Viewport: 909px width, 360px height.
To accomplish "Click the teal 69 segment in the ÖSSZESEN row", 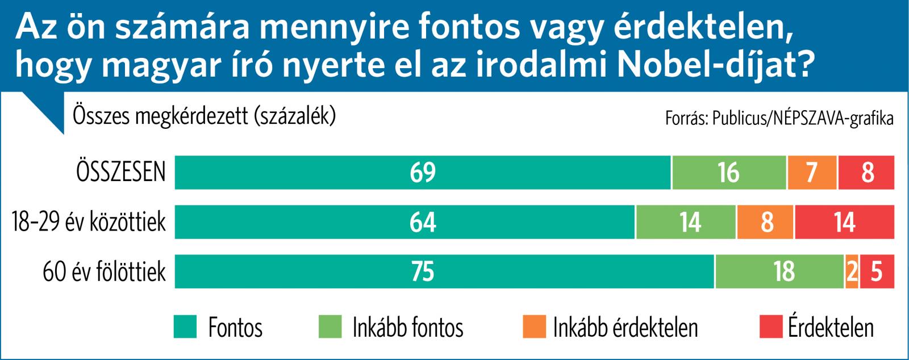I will (x=423, y=172).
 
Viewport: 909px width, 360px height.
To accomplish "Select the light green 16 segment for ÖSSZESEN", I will (x=729, y=172).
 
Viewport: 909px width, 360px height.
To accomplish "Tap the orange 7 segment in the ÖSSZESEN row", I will (x=812, y=172).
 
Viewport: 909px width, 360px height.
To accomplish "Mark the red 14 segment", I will (x=844, y=222).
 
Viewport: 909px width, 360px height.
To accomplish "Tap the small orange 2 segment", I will (x=852, y=271).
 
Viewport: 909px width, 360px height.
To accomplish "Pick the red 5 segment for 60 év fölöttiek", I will (x=877, y=271).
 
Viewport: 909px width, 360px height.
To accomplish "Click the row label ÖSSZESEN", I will (x=121, y=172).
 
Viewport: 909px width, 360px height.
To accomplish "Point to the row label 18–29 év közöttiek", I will (x=89, y=222).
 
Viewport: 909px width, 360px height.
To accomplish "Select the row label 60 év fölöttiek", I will (x=105, y=272).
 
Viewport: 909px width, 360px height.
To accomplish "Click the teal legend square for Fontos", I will (x=184, y=327).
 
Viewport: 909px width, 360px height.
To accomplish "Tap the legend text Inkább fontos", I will (x=407, y=328).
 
